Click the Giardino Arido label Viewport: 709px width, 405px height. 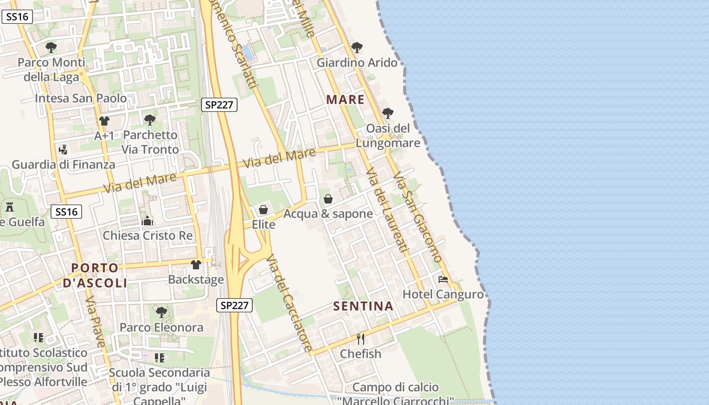point(357,63)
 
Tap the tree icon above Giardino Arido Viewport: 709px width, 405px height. point(357,48)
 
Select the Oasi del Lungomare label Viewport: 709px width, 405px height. point(388,136)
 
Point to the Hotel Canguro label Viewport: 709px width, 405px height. point(443,294)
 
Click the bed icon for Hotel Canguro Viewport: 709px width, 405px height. point(443,279)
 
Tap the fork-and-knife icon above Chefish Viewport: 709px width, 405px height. point(361,339)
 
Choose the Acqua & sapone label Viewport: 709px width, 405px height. point(328,214)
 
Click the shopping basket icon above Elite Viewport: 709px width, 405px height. point(263,210)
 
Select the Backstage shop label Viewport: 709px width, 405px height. point(196,279)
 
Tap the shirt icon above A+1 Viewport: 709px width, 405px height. point(104,121)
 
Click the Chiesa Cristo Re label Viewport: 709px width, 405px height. point(148,235)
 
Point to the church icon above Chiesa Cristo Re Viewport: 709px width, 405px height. point(147,221)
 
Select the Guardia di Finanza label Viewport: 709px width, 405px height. point(63,165)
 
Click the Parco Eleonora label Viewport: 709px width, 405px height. point(162,327)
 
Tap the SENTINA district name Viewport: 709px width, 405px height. point(364,306)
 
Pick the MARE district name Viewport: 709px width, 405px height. point(345,99)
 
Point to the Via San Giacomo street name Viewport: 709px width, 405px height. point(418,217)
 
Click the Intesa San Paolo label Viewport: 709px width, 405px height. point(81,98)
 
